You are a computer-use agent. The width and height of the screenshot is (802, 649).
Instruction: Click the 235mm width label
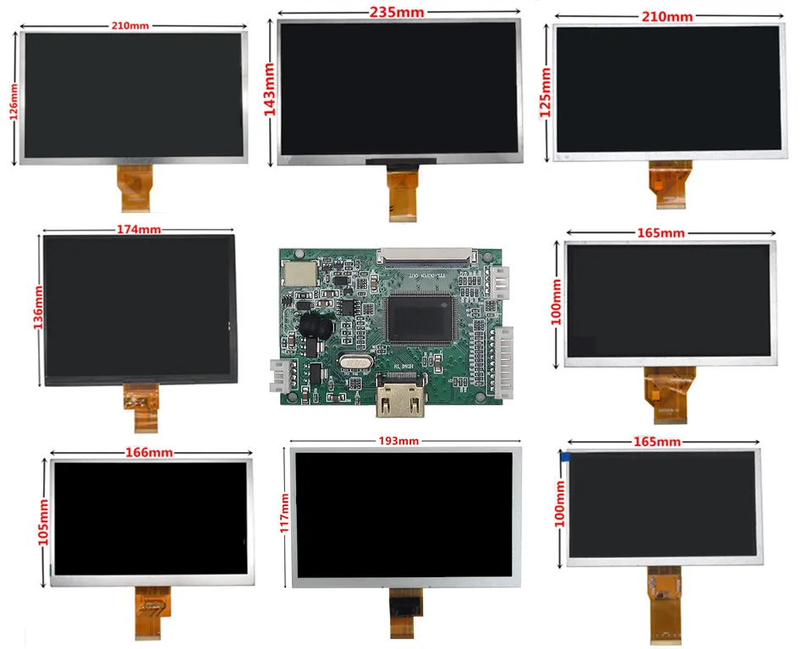click(x=397, y=12)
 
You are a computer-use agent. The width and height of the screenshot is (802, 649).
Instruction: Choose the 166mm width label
click(x=149, y=453)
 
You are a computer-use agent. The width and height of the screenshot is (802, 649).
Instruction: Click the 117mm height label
click(x=283, y=518)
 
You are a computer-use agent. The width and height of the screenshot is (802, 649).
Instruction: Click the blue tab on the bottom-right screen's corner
click(x=564, y=456)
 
